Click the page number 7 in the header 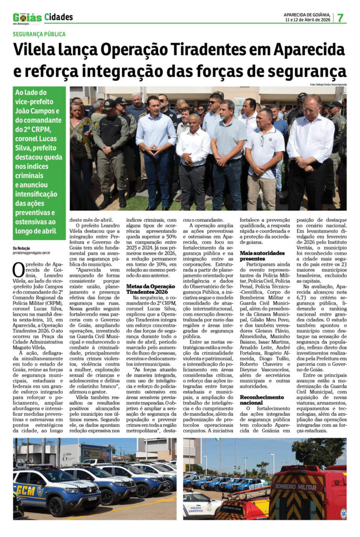[x=340, y=17]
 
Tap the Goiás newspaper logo [x=27, y=18]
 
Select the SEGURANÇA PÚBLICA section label [x=39, y=34]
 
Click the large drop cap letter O [x=19, y=269]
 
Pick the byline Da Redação [x=21, y=248]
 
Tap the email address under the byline [x=31, y=253]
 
